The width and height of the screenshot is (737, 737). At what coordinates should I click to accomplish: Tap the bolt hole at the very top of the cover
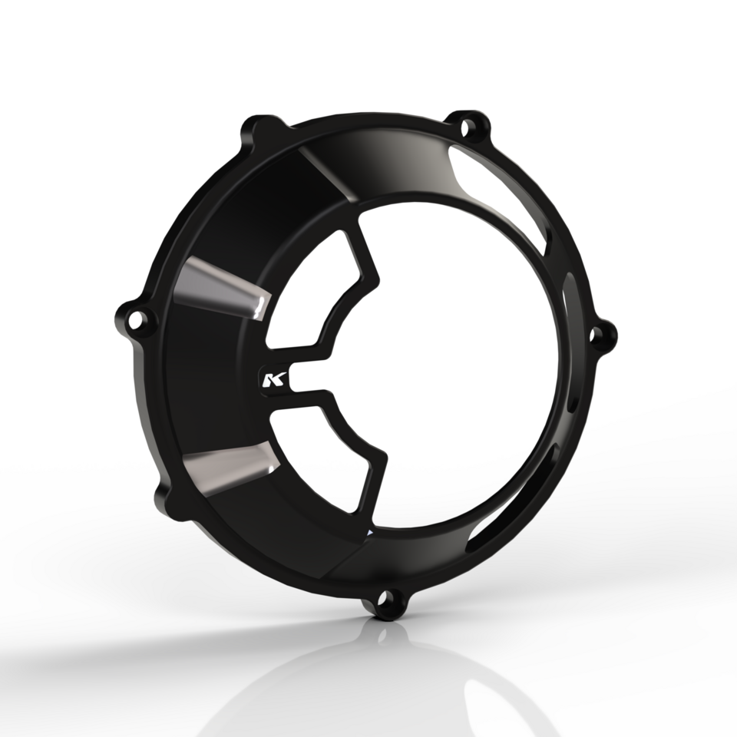click(470, 123)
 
